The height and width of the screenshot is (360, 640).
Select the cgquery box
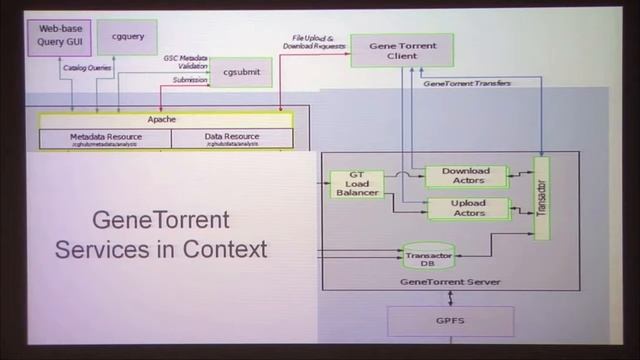coord(127,36)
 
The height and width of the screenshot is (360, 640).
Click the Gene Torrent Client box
coord(401,49)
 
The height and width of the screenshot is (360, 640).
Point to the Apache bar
coord(162,119)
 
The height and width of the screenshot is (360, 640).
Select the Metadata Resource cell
coord(105,138)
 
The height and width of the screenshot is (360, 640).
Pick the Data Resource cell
coord(232,138)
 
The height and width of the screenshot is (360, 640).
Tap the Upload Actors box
coord(467,208)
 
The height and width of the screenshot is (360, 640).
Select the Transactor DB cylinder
coord(428,257)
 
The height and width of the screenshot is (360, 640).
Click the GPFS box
coord(450,321)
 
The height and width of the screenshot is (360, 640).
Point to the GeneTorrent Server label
coord(450,283)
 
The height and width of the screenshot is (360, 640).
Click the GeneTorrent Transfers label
coord(467,83)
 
